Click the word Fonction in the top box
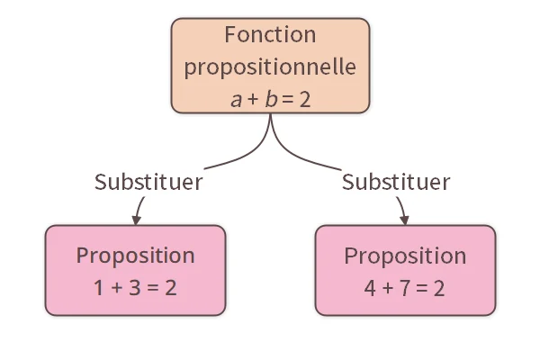(270, 36)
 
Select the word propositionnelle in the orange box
(270, 67)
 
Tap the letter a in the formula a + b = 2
(236, 100)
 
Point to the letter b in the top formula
(270, 99)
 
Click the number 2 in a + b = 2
(305, 99)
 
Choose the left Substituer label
(148, 182)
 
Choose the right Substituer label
(396, 182)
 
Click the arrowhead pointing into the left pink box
(136, 220)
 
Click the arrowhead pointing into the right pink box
(404, 220)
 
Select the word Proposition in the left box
(135, 255)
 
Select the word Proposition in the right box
(405, 255)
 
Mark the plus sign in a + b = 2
(253, 100)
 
